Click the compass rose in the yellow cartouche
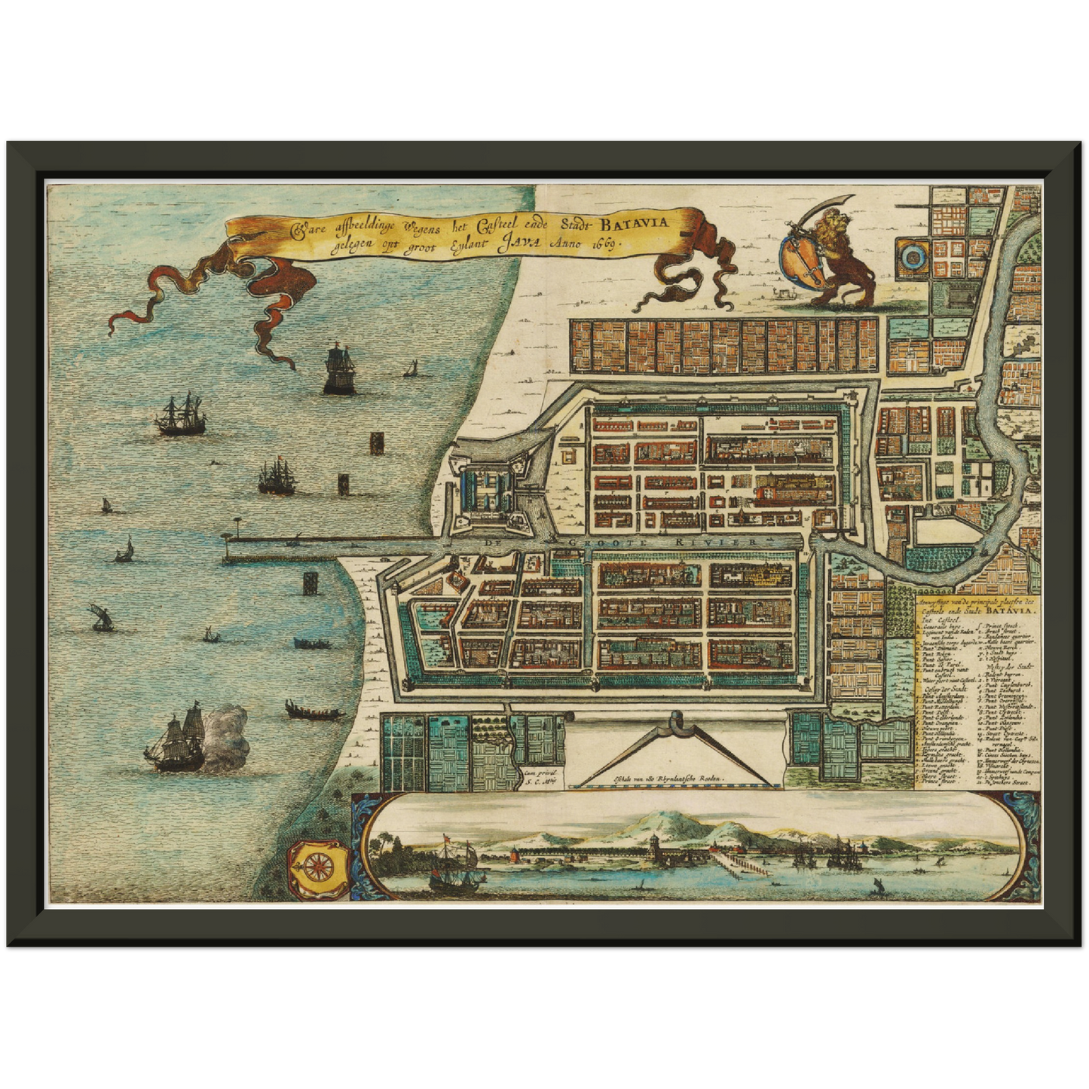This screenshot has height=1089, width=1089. click(319, 864)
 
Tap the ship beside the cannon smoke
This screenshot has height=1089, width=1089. click(177, 742)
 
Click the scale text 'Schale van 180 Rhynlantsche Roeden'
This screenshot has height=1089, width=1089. click(657, 778)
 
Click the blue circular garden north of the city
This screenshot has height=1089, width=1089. click(913, 258)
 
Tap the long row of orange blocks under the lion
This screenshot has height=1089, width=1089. click(723, 346)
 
